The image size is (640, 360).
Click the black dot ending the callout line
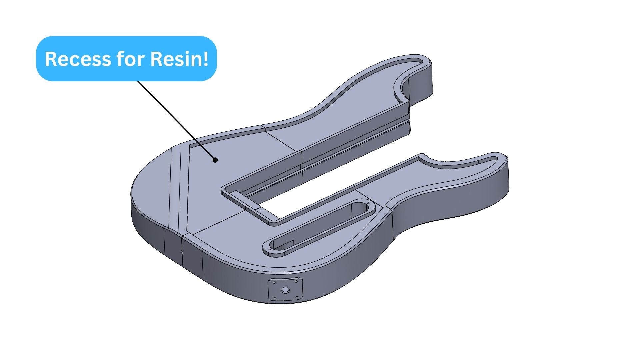[215, 160]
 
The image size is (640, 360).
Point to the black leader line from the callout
[177, 120]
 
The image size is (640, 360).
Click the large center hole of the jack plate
[285, 290]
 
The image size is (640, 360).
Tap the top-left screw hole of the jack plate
[274, 282]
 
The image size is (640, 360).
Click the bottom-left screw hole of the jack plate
[275, 298]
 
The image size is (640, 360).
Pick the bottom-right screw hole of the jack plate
[296, 297]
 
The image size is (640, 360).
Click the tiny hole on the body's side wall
[182, 252]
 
